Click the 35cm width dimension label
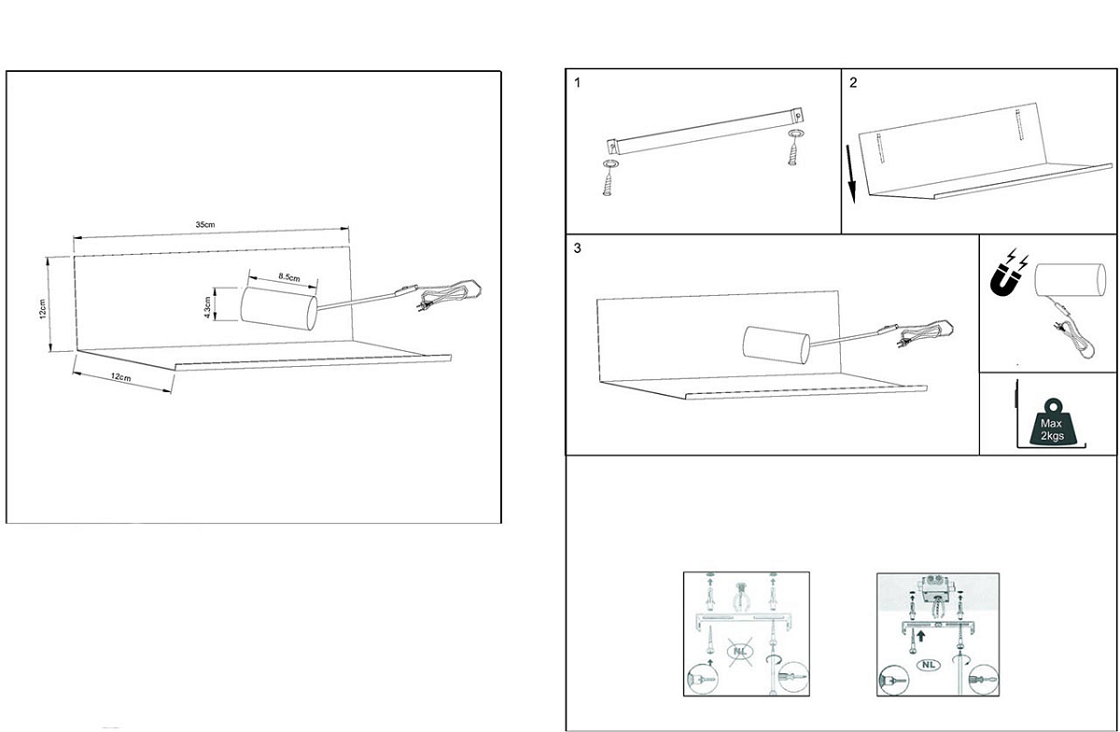205,225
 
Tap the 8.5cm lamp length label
289,276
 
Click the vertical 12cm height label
43,309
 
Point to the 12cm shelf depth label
121,377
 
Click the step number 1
578,83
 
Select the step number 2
853,83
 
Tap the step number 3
578,248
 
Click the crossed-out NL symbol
739,652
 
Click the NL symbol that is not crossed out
929,665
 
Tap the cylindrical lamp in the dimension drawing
278,309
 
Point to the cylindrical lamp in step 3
777,345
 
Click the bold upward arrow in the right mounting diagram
921,637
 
